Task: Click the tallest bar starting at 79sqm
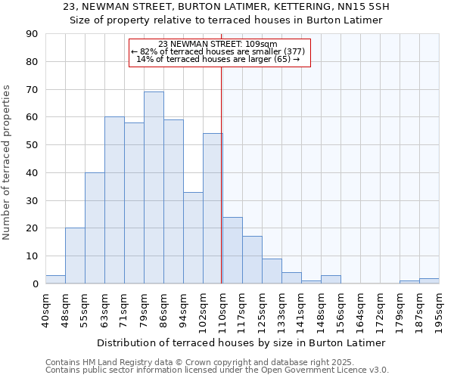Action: pos(154,187)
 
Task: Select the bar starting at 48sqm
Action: pos(75,256)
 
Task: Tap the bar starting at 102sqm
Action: pos(213,209)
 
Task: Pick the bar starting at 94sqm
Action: pos(193,237)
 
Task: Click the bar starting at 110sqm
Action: pos(232,250)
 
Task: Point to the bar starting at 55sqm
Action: pos(95,228)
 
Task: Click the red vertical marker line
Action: pos(221,166)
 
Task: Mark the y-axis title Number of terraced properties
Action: pos(8,163)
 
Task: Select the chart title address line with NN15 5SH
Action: pos(226,7)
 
